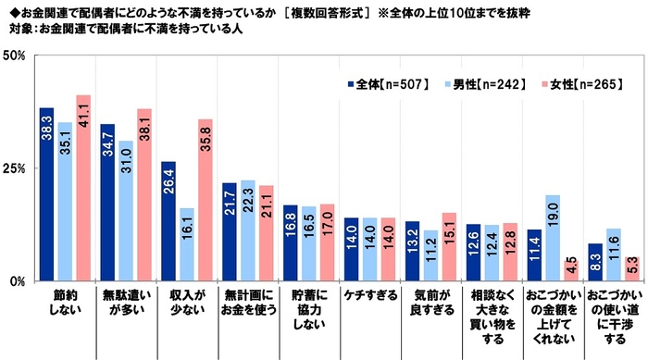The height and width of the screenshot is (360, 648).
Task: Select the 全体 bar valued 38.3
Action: tap(46, 194)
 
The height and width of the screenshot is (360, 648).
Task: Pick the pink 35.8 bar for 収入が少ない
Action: tap(206, 200)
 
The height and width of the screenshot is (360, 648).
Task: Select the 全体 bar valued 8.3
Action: tap(594, 262)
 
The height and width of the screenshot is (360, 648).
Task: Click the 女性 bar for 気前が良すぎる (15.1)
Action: tap(449, 246)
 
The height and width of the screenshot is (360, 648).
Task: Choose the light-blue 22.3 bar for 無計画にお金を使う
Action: tap(247, 230)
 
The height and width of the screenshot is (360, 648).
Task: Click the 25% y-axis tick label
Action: tap(15, 168)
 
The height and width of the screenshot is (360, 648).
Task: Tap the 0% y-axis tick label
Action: tap(18, 280)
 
